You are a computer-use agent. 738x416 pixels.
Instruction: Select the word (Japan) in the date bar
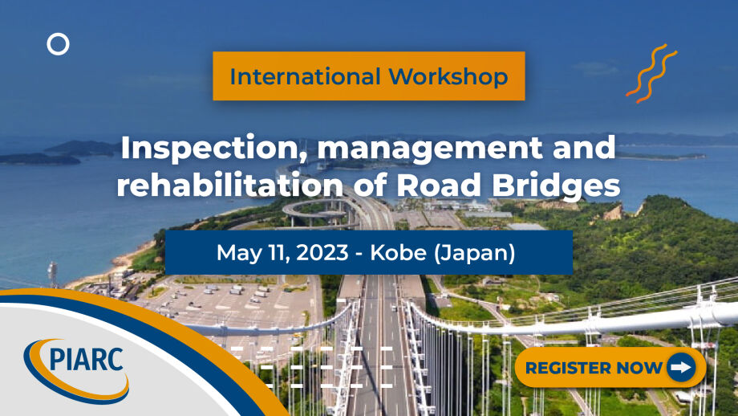(479, 253)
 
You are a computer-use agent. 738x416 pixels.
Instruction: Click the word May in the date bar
(238, 253)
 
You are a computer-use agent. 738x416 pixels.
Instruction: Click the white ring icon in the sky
(58, 44)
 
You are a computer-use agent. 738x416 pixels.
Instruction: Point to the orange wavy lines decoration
(651, 74)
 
